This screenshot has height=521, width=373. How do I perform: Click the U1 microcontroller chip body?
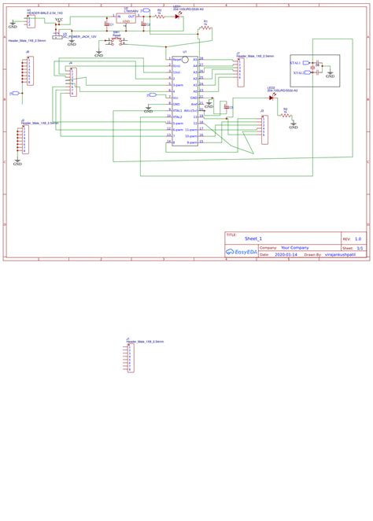point(185,101)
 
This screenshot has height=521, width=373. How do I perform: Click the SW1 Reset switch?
point(115,42)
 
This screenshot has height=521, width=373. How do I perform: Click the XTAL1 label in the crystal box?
point(296,62)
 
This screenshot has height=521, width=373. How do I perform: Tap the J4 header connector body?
point(73,81)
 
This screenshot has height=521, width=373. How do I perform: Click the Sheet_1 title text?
point(253,238)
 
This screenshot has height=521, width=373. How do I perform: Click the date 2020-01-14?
point(286,255)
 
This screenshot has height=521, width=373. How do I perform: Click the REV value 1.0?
point(357,238)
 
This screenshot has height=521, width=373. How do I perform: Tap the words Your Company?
point(295,247)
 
